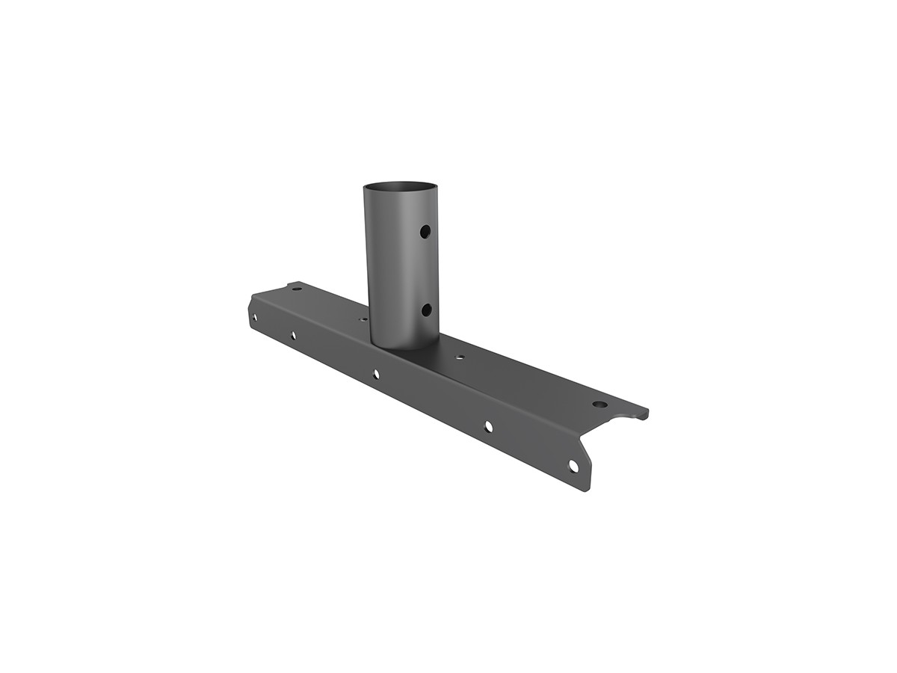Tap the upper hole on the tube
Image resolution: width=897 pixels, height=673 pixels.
pos(425,232)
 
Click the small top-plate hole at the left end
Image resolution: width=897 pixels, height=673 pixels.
pos(297,289)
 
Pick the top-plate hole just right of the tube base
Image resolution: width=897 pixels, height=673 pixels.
pos(460,358)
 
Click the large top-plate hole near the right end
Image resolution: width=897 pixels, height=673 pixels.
pos(599,405)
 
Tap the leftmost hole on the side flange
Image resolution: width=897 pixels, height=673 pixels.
pos(255,317)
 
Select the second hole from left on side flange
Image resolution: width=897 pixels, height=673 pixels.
pos(293,335)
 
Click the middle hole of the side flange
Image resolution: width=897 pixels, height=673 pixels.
pos(376,373)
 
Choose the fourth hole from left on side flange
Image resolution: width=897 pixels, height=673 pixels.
pos(488,426)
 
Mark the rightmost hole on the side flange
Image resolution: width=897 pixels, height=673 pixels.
pos(573,465)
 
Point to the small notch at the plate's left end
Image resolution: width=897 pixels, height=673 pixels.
pos(287,285)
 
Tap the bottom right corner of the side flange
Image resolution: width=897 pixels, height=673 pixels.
pos(587,490)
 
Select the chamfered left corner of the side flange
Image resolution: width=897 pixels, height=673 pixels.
pos(251,299)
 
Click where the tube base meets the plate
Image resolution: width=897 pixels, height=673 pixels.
pos(404,347)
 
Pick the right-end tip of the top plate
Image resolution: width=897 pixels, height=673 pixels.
pos(646,412)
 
